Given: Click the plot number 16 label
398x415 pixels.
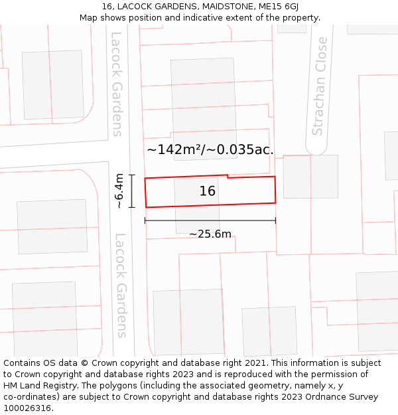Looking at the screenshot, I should coord(208,191).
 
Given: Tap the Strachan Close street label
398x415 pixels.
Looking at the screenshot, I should coord(320,86).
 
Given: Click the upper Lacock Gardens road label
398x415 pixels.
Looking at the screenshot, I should coord(117,84).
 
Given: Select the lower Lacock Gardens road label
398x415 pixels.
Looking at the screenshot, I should coord(121,286).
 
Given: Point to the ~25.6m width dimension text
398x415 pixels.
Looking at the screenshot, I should coord(210,234).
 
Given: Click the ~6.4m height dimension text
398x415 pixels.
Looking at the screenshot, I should coord(119,191).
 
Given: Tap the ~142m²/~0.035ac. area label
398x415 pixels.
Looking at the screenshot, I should coord(210,149).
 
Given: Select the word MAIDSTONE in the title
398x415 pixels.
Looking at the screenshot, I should coord(210,7).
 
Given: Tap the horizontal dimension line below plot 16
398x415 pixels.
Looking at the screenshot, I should coord(210,221).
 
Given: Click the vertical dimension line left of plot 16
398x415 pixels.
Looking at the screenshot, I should coord(132,191).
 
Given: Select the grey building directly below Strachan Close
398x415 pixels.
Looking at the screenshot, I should coord(310,177).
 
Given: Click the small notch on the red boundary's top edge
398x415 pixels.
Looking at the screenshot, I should coord(228,176).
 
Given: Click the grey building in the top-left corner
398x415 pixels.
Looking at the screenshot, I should coord(53,84).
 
